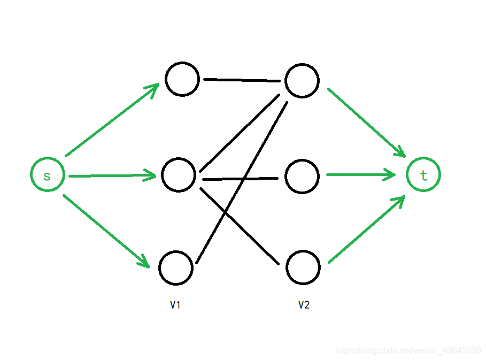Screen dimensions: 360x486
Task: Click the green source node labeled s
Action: click(48, 175)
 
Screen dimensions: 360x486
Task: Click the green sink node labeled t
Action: click(423, 175)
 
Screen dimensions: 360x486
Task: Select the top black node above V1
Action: click(182, 79)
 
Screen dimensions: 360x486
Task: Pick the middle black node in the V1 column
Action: click(179, 175)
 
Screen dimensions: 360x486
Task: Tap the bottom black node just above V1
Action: click(175, 267)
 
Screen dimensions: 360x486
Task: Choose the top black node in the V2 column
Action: click(302, 81)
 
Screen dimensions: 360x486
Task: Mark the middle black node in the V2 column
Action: click(302, 176)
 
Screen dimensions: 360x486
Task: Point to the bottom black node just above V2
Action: click(303, 267)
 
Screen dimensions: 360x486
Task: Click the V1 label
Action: click(175, 305)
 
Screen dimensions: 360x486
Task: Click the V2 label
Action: click(304, 305)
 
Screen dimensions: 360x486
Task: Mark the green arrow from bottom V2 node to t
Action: click(367, 230)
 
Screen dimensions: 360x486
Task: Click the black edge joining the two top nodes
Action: click(242, 80)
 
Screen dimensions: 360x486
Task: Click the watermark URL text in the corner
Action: click(408, 350)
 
